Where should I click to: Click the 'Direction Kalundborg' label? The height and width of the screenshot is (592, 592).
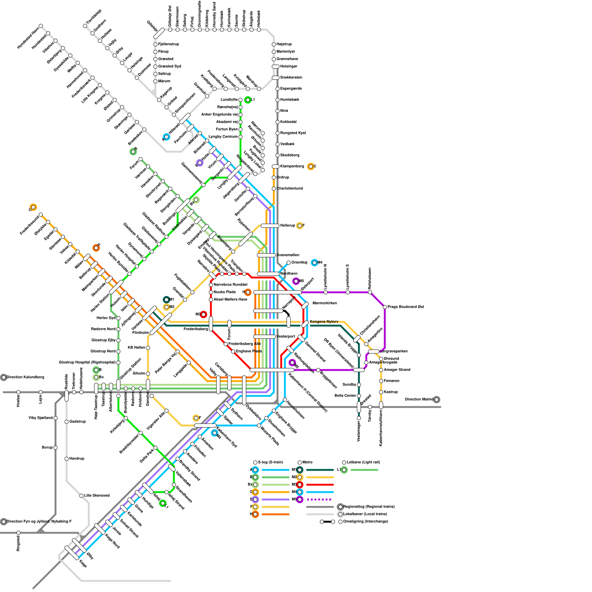click(x=25, y=377)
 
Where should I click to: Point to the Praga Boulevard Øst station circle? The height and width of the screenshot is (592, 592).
click(x=385, y=307)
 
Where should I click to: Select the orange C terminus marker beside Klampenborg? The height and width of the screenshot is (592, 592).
click(x=311, y=166)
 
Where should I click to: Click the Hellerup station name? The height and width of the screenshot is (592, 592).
click(x=287, y=226)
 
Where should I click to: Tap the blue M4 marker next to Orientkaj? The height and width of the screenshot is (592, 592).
click(x=314, y=263)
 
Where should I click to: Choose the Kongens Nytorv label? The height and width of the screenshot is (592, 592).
click(x=324, y=322)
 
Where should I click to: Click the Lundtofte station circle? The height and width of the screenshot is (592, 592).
click(x=240, y=100)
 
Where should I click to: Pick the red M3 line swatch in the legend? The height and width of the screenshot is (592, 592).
click(x=320, y=485)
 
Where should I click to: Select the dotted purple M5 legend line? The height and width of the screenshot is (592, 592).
click(x=320, y=499)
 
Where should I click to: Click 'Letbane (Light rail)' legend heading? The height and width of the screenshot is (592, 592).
click(x=363, y=462)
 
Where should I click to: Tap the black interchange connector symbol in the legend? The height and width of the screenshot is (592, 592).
click(x=327, y=522)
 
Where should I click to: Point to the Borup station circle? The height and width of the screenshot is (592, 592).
click(x=55, y=448)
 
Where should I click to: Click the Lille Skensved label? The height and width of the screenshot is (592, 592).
click(x=97, y=496)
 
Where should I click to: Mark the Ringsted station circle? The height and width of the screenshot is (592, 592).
click(x=18, y=533)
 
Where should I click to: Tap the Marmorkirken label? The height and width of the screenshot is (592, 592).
click(x=324, y=303)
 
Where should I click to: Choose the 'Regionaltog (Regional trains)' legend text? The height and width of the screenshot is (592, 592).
click(x=369, y=507)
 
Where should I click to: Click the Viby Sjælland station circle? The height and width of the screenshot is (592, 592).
click(x=55, y=418)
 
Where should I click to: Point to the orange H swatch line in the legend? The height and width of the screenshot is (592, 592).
click(x=276, y=514)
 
